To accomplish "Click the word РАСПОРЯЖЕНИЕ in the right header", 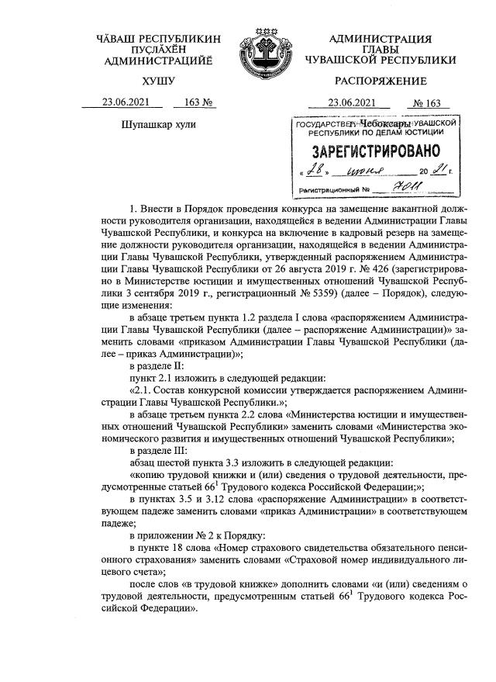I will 381,81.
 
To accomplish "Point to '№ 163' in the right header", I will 427,102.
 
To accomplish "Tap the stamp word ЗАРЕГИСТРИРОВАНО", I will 375,150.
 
